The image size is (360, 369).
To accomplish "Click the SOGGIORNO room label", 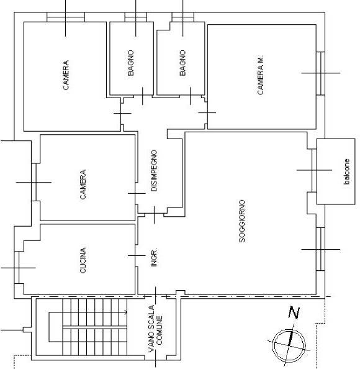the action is click(242, 221).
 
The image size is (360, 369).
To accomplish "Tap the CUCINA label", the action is click(83, 260).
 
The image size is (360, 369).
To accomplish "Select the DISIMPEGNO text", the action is click(154, 170).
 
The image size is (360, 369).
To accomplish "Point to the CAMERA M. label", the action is click(261, 75).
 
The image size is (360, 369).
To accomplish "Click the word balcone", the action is click(346, 171).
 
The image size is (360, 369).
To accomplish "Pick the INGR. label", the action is click(153, 258).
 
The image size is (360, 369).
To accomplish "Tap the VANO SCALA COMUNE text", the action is click(155, 329).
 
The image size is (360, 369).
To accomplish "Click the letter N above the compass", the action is click(294, 312).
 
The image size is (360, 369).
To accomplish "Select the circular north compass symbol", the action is click(289, 345).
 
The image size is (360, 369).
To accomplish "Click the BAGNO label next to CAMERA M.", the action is click(182, 63).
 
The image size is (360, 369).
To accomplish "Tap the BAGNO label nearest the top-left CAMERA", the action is click(130, 63).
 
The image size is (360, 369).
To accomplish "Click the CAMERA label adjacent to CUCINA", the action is click(83, 184).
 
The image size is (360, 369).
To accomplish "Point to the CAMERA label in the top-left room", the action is click(66, 75).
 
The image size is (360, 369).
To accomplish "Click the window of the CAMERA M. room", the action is click(320, 73).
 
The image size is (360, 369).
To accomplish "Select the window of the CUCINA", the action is click(17, 268).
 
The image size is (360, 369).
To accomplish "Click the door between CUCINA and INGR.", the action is click(137, 255).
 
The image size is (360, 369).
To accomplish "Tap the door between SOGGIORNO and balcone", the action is click(314, 170).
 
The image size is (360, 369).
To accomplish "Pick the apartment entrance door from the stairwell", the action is click(155, 296).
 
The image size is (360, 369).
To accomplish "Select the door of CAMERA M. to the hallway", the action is click(207, 112).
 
